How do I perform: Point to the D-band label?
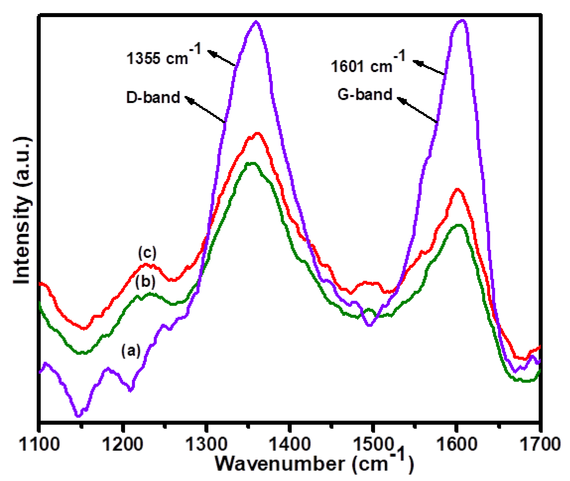click(x=153, y=97)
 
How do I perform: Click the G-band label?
click(x=365, y=94)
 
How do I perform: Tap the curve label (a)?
click(x=131, y=350)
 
